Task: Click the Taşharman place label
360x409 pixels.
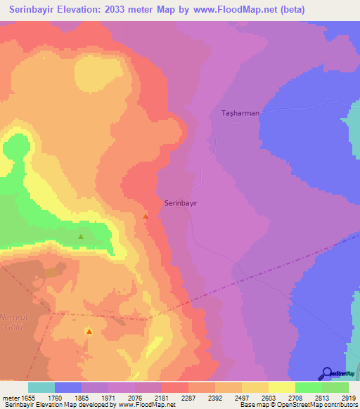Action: tap(240, 112)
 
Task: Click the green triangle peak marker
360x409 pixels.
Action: tap(81, 237)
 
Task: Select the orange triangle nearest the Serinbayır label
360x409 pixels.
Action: tap(146, 216)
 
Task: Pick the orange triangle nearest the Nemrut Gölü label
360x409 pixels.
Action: tap(89, 330)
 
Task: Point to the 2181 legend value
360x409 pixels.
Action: tap(161, 398)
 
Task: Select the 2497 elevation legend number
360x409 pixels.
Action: tap(241, 398)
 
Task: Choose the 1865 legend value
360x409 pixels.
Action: tap(81, 398)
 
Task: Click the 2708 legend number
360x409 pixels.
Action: tap(295, 398)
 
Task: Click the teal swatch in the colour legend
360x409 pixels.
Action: tap(41, 387)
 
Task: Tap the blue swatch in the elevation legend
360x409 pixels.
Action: tap(68, 387)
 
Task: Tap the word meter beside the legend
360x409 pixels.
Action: tap(11, 398)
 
